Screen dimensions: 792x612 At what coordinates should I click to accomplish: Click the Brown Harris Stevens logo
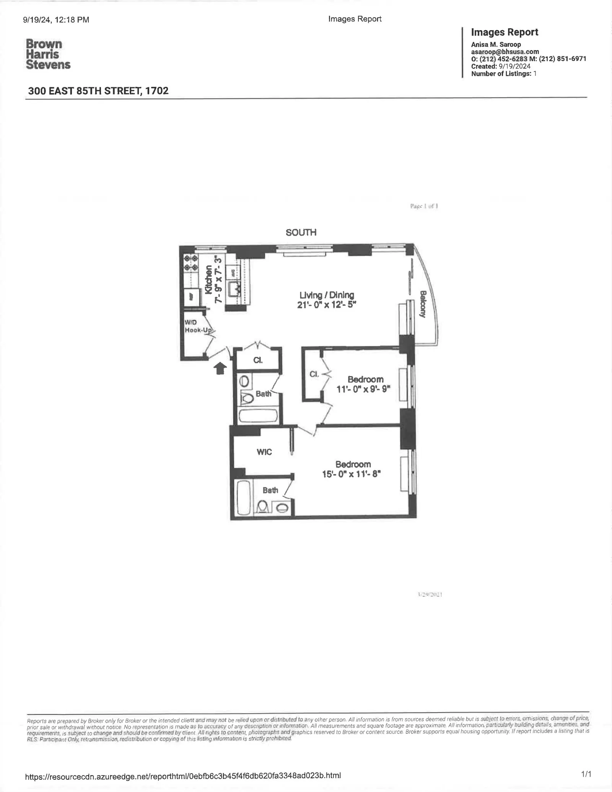tap(48, 54)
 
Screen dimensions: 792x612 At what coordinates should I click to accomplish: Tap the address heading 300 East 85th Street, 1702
tap(98, 91)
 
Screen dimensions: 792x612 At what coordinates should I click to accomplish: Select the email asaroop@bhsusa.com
tap(505, 52)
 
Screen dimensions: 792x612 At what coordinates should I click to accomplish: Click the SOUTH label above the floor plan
tap(301, 233)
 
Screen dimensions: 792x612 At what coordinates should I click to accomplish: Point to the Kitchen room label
tap(208, 280)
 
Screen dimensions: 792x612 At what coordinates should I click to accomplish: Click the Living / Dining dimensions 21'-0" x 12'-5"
tap(327, 305)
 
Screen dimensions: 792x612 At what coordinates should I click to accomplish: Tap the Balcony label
tap(423, 304)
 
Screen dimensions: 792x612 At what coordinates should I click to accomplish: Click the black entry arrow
tap(220, 368)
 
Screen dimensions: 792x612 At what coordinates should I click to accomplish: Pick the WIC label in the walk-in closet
tap(264, 452)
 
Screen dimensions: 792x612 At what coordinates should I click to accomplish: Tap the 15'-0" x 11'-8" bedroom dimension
tap(352, 474)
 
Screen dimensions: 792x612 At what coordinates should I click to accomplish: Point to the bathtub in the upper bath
tap(259, 416)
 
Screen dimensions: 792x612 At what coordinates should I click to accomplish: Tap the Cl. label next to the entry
tap(258, 360)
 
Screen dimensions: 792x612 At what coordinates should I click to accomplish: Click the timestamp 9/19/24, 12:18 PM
tap(56, 20)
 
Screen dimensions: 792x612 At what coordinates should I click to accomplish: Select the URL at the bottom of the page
tap(183, 776)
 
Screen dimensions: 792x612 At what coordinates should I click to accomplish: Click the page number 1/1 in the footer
tap(586, 774)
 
